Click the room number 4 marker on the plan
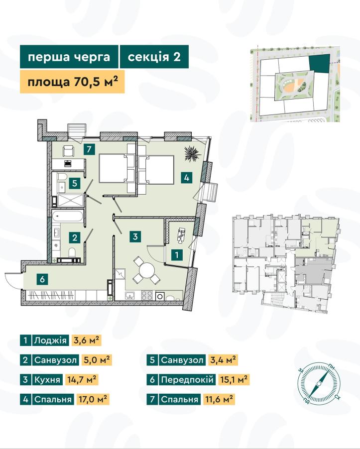click(186, 178)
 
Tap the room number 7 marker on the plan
click(89, 149)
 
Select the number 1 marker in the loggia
click(177, 254)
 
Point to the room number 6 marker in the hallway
click(42, 279)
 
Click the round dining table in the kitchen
click(146, 270)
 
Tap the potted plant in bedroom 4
click(192, 154)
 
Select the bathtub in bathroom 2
click(68, 216)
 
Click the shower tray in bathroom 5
click(70, 200)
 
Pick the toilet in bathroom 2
click(72, 252)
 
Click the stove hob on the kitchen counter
click(146, 295)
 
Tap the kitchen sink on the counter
click(130, 295)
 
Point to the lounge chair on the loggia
click(181, 235)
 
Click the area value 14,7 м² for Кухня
click(82, 380)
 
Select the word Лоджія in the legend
click(50, 340)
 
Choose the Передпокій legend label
click(187, 380)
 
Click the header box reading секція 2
click(154, 57)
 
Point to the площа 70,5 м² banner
click(72, 82)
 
